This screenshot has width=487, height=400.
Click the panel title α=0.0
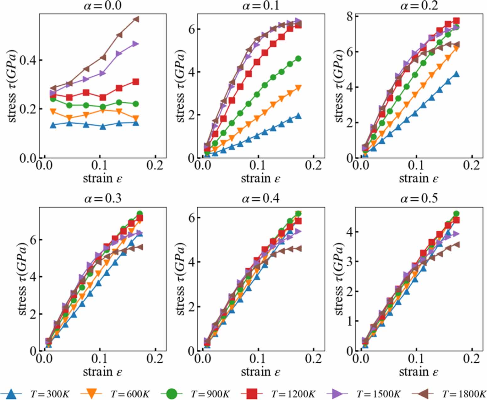click(103, 6)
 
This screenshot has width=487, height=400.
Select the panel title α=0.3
click(103, 199)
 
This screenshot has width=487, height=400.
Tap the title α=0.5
click(419, 199)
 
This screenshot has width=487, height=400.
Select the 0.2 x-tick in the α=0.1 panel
click(313, 165)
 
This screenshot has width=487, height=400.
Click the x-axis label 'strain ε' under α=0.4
click(260, 372)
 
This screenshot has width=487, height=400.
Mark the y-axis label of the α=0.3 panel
click(23, 279)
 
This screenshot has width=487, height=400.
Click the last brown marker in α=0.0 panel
click(136, 19)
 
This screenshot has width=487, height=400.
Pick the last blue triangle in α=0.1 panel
click(298, 116)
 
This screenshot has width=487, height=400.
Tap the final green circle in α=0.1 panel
click(298, 58)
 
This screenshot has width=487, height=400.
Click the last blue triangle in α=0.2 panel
click(456, 74)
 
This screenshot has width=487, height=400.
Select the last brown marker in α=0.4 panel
click(298, 248)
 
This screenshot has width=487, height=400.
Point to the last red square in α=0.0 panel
click(136, 82)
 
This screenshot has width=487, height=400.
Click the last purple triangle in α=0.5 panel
click(456, 234)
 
